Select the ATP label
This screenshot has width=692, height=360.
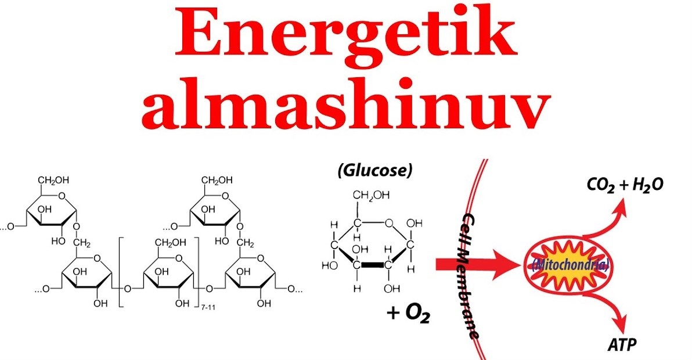621,345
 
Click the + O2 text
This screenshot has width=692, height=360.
408,314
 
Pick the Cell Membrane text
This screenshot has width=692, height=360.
470,272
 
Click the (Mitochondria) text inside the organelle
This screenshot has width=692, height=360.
570,267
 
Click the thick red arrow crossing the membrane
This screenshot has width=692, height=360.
476,265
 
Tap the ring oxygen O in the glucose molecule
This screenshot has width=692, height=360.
388,222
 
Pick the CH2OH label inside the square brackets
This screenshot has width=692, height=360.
166,242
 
